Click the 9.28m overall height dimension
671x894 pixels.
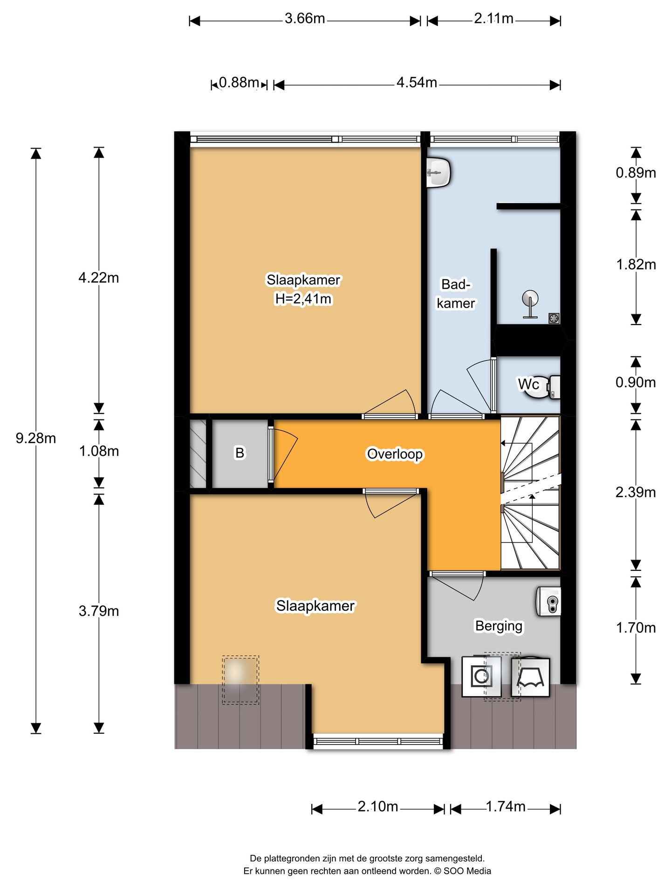(x=36, y=438)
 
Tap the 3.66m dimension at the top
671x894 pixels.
(x=305, y=19)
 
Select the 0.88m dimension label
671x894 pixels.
(x=239, y=82)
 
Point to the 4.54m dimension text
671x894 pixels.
(x=417, y=82)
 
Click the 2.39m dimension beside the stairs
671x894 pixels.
(x=636, y=492)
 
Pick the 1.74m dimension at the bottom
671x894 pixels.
(x=506, y=806)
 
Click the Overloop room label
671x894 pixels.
(x=395, y=454)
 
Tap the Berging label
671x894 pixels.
(x=499, y=626)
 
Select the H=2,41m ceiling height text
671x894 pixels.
(x=303, y=298)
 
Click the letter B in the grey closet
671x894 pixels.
(x=240, y=453)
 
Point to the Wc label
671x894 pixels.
(x=528, y=384)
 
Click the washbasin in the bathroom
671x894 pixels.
(x=438, y=172)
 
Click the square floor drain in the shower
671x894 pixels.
(x=554, y=318)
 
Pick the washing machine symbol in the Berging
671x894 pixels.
(x=481, y=677)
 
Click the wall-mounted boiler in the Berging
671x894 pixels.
(x=548, y=602)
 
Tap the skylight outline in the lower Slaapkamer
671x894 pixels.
(x=240, y=680)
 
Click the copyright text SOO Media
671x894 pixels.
(x=467, y=871)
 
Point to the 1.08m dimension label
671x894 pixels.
(x=99, y=451)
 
